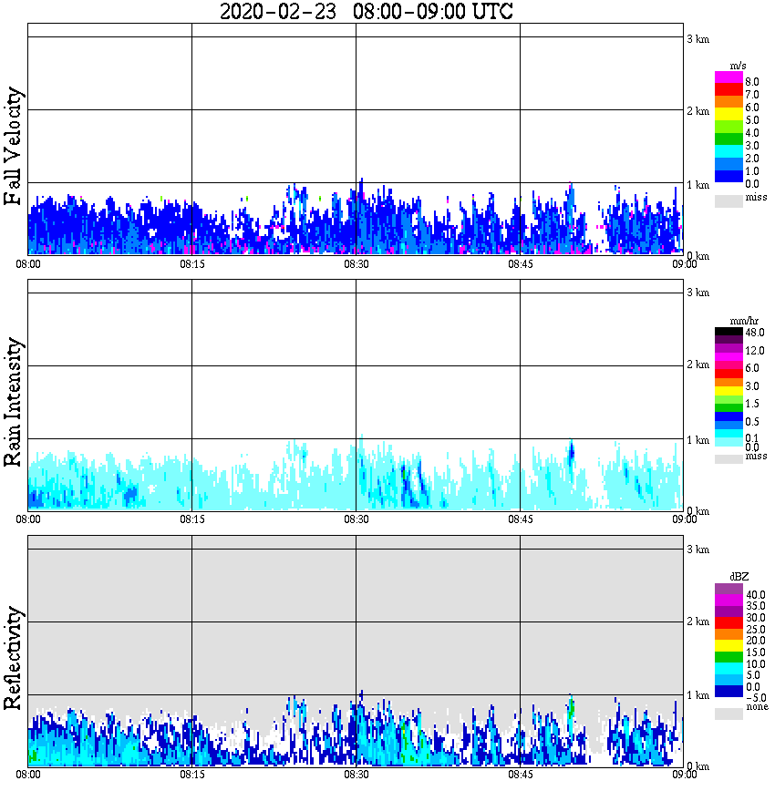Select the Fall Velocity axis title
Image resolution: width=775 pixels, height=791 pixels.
click(x=14, y=147)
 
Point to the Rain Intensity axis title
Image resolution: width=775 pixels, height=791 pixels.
click(x=14, y=402)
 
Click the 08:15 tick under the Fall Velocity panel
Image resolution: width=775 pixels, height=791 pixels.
click(x=191, y=264)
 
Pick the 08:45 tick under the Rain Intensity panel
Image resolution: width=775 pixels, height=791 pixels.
click(x=520, y=519)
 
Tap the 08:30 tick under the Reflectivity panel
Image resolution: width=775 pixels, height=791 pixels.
click(x=356, y=775)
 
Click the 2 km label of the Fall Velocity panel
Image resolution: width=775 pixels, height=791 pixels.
click(x=697, y=111)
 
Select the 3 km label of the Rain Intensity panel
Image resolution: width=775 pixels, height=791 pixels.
click(x=697, y=293)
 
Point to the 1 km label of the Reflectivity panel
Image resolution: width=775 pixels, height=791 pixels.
click(x=697, y=695)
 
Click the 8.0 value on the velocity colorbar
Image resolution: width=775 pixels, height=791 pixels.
click(x=752, y=81)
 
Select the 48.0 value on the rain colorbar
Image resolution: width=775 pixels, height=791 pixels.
click(x=753, y=333)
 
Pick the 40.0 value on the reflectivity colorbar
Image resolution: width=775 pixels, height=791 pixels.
click(x=755, y=593)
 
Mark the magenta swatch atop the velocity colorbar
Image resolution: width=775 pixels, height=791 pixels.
click(x=728, y=77)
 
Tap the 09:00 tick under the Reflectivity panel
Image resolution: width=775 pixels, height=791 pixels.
click(x=684, y=775)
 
